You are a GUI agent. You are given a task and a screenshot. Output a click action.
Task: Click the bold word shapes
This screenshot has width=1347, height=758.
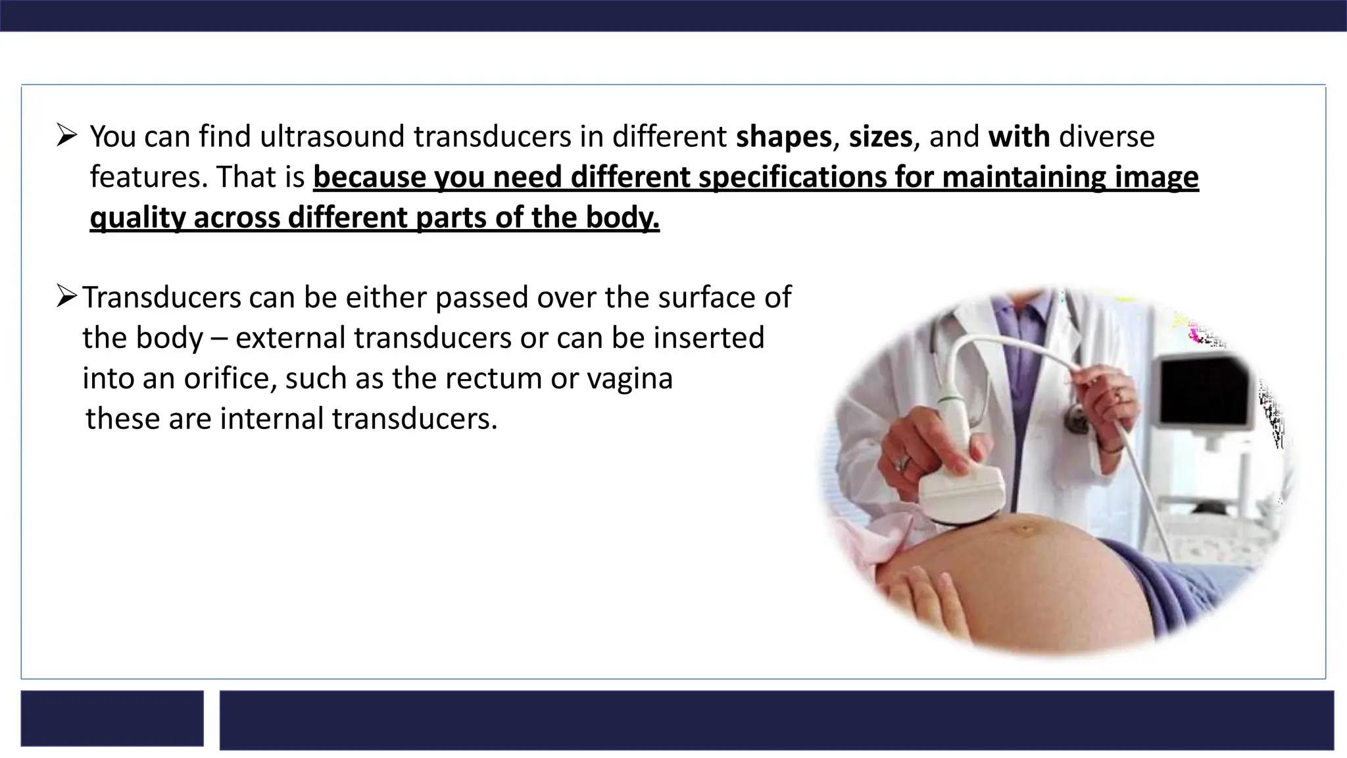click(783, 137)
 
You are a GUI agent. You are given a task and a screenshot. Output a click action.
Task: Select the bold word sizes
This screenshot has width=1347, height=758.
click(880, 137)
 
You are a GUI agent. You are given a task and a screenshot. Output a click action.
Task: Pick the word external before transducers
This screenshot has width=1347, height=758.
click(290, 338)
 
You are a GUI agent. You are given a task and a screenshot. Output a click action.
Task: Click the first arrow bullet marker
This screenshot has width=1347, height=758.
click(66, 136)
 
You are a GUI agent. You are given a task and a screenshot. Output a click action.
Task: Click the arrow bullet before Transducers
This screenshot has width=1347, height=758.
click(67, 296)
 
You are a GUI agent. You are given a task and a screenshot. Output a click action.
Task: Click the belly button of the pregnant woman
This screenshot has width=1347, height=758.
click(1023, 528)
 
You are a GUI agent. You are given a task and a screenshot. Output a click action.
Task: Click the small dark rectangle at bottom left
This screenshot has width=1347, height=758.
click(112, 718)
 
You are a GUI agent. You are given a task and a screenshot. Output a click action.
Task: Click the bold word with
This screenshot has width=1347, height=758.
click(1019, 137)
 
